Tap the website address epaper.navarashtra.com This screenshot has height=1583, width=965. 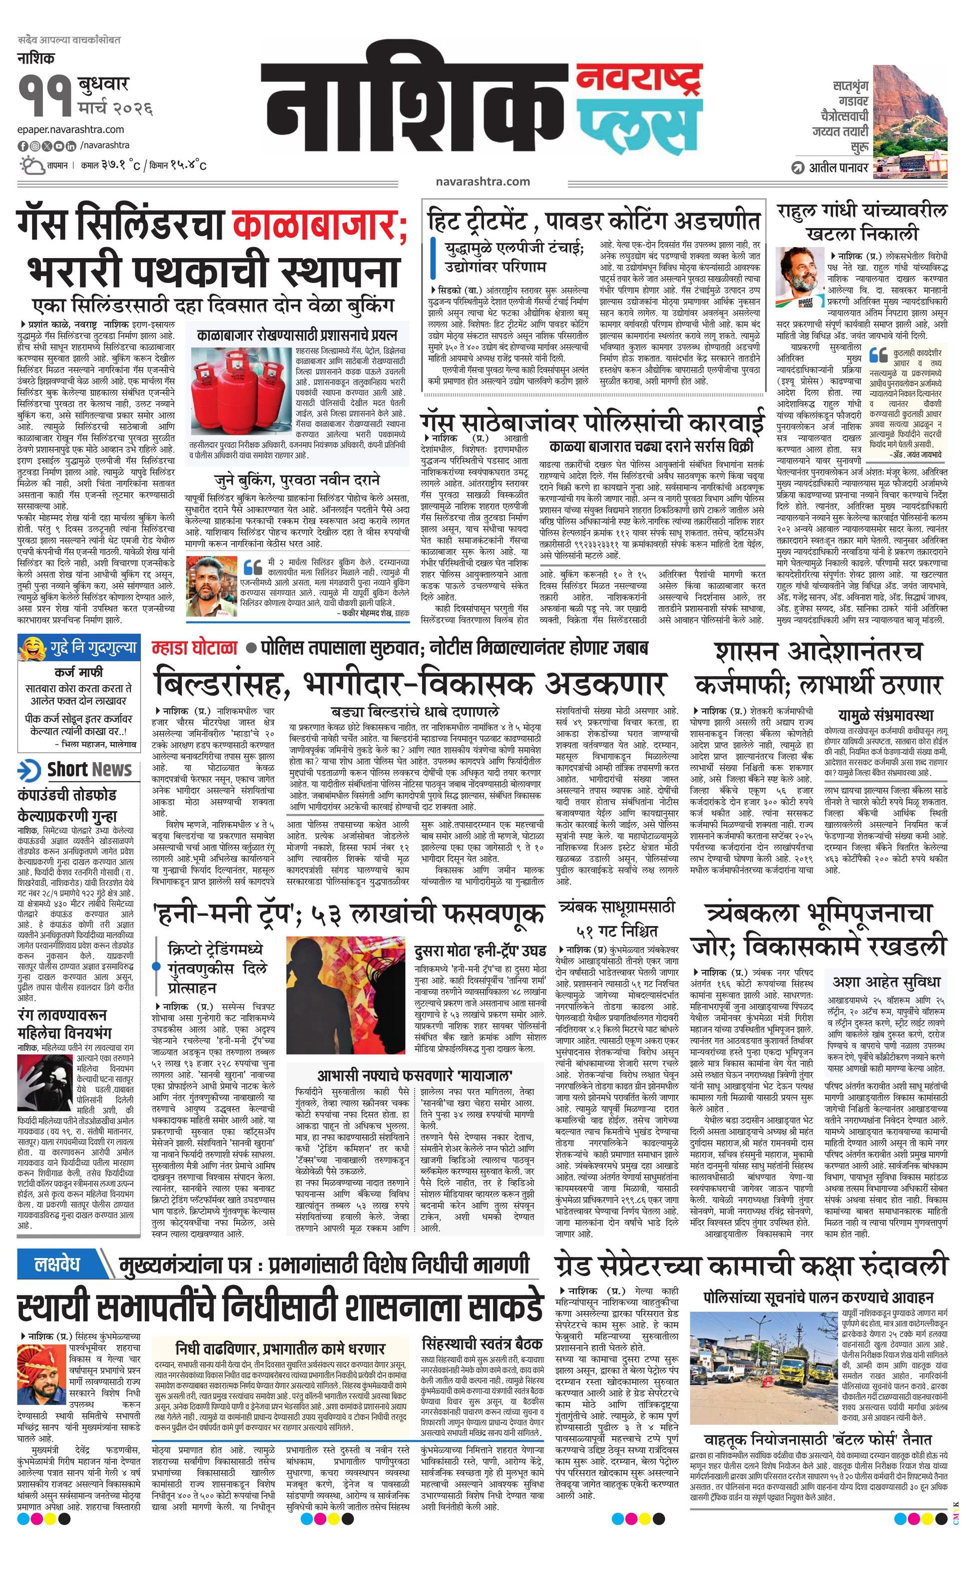(71, 130)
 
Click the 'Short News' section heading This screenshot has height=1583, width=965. (89, 770)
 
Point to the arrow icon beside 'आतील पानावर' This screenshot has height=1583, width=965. (798, 168)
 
